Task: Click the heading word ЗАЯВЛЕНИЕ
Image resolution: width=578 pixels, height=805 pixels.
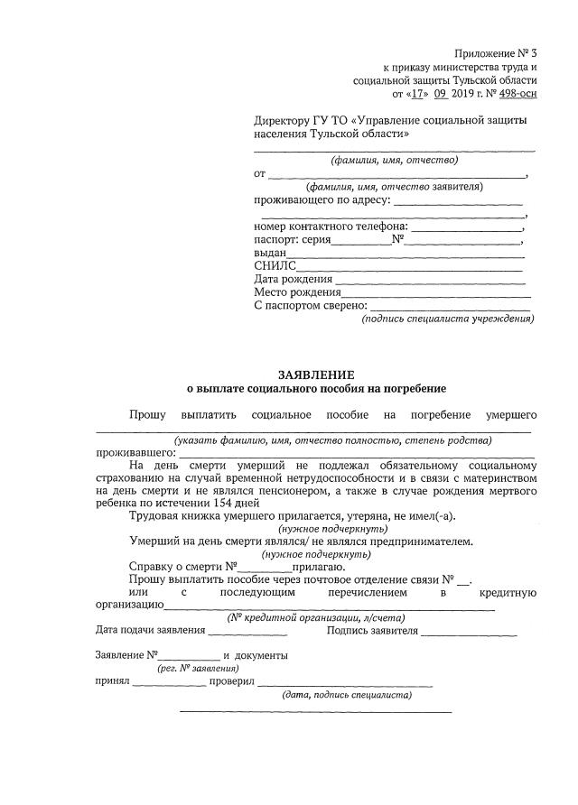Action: [x=315, y=375]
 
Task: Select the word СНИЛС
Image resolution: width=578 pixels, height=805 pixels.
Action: [x=275, y=266]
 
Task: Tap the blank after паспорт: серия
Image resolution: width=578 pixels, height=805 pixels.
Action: [x=361, y=241]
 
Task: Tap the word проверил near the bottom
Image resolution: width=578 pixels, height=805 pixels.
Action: [x=232, y=682]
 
